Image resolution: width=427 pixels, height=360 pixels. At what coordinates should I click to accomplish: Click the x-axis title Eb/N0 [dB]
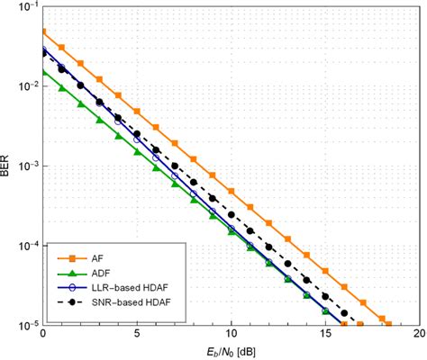[231, 352]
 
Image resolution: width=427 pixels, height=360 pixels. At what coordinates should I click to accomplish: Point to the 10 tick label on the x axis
[231, 334]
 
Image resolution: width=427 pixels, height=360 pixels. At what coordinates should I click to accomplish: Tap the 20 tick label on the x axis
[418, 334]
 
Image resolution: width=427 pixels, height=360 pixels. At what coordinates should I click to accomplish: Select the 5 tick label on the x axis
[136, 334]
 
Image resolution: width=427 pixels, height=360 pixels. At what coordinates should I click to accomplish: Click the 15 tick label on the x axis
[324, 334]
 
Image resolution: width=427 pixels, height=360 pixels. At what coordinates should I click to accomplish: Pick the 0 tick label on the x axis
[42, 334]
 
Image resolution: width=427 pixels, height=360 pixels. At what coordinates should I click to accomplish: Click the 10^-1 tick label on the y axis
[27, 7]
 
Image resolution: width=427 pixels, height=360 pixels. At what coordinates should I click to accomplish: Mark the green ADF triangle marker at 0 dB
[43, 71]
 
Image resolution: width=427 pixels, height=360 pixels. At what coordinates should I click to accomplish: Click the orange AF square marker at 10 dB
[232, 191]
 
